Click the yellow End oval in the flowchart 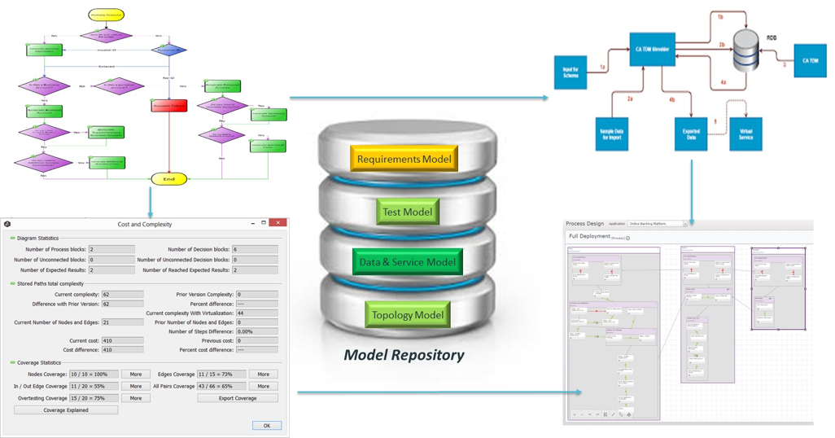[x=168, y=179]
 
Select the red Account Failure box [x=168, y=106]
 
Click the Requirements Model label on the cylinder [x=404, y=160]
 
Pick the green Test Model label [x=407, y=212]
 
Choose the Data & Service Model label [x=408, y=262]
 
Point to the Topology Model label [x=408, y=315]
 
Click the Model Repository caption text [x=404, y=355]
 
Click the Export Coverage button [x=238, y=398]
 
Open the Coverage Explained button [x=66, y=410]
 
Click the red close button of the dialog [x=278, y=223]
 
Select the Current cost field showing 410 [x=122, y=341]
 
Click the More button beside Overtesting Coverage [x=136, y=398]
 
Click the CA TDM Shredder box [x=652, y=50]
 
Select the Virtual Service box [x=745, y=134]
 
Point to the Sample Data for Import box [x=611, y=134]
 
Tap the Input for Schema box [x=571, y=72]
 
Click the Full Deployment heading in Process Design [x=588, y=236]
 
